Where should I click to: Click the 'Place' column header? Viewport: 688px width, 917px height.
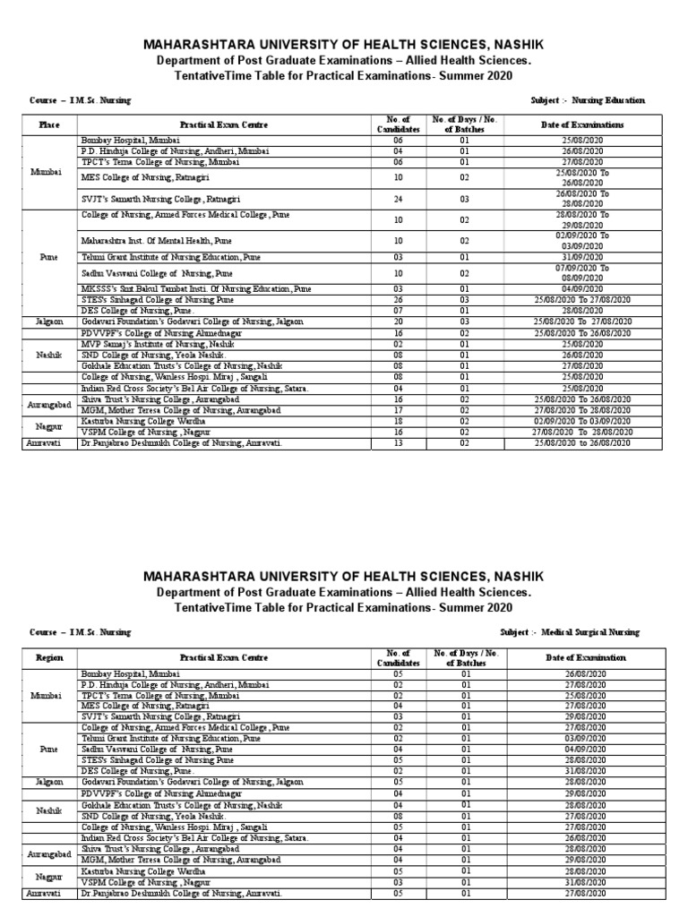coord(49,124)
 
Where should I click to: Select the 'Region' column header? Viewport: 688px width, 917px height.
coord(49,656)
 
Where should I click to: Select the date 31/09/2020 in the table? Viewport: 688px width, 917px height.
coord(582,256)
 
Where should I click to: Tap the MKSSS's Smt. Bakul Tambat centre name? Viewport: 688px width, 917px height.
coord(196,289)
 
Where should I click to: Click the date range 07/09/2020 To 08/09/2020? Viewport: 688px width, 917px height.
coord(582,272)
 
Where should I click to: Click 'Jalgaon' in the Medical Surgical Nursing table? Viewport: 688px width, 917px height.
coord(49,782)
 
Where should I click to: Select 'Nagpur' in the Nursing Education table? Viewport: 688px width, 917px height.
coord(49,426)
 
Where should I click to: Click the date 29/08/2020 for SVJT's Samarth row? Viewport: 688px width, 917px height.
coord(582,717)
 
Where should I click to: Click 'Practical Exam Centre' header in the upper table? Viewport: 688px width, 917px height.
coord(224,124)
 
